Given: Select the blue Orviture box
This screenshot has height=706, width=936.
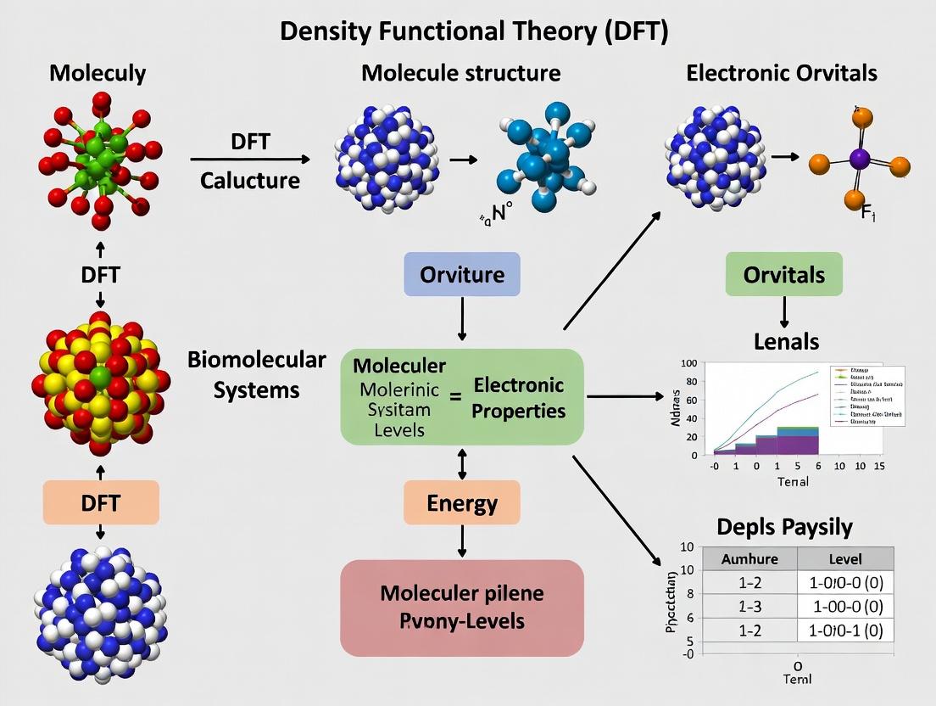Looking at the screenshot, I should pos(462,274).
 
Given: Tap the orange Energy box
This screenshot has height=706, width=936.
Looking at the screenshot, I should pos(462,502).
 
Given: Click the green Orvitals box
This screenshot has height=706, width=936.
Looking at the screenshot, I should pos(783,274).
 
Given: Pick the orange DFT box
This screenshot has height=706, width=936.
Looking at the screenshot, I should pos(101,502).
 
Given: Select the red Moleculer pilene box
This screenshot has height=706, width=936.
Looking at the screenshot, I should pos(462,607).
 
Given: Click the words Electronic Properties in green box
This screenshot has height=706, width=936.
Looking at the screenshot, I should pos(519,397).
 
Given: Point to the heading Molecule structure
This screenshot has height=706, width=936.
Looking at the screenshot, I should pos(460,73).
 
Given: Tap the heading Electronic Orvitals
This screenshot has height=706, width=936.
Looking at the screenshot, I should pos(781,73).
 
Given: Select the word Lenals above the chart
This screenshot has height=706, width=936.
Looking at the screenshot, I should pos(786,341).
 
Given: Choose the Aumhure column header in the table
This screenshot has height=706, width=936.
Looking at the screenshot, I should pos(749,558).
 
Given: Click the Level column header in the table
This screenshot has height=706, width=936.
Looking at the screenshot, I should pos(844,558).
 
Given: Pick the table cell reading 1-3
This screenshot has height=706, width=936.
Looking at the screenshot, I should pos(749,606).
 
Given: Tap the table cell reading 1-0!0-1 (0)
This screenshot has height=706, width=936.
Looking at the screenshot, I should pos(844,630).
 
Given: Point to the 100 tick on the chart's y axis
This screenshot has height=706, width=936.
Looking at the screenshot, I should pos(688,363).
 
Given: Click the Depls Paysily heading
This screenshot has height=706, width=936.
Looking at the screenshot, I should pos(784,526).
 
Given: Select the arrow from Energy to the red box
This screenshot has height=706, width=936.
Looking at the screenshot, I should pos(462,541).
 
